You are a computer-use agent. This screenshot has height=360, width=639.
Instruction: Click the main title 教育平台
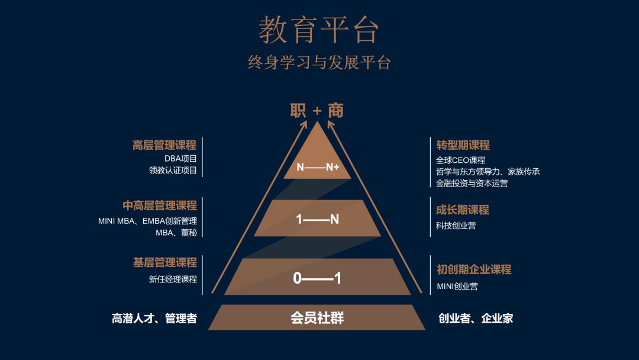click(x=318, y=30)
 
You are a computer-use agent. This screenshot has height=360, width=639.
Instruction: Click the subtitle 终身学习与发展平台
click(x=319, y=62)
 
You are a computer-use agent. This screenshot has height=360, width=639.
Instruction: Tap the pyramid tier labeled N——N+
click(x=318, y=167)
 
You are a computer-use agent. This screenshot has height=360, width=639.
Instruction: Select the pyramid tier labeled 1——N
click(x=318, y=219)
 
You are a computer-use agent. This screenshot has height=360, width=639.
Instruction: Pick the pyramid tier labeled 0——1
click(x=318, y=278)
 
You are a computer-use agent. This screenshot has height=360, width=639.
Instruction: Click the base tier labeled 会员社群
click(x=317, y=318)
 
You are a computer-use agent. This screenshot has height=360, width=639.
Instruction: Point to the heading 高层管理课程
click(x=164, y=145)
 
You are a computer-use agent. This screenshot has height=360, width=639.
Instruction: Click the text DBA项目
click(x=180, y=159)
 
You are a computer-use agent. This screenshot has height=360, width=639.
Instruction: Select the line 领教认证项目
click(x=173, y=171)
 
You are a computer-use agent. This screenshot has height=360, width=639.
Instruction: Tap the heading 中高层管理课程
click(x=160, y=205)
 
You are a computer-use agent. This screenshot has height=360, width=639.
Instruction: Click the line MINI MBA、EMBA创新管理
click(x=147, y=221)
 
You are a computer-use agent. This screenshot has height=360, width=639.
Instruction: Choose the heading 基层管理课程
click(x=164, y=262)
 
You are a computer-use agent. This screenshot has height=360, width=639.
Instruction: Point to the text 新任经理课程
click(x=173, y=279)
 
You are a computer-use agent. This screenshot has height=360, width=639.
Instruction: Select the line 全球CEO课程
click(x=460, y=160)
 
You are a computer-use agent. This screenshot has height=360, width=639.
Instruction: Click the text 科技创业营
click(x=456, y=226)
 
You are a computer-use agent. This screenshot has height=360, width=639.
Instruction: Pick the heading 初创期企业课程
click(x=473, y=269)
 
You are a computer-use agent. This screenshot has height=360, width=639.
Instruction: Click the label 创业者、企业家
click(x=475, y=319)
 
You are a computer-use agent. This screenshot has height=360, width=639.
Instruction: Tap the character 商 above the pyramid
click(x=336, y=111)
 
